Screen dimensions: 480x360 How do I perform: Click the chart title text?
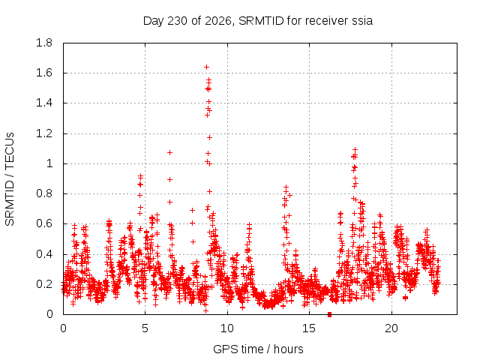[258, 21]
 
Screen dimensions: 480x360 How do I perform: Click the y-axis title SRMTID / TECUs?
[10, 179]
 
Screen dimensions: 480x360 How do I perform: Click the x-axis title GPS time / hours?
[258, 349]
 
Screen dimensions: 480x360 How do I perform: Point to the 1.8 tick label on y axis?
[44, 43]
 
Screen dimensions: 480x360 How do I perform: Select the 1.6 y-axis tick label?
[44, 73]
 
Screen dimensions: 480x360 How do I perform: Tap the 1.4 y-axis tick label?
[44, 103]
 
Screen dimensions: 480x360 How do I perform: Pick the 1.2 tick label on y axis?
[44, 133]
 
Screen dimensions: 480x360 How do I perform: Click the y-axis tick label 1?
[49, 163]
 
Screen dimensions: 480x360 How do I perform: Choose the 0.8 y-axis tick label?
[44, 193]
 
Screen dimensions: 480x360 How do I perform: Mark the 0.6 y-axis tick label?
[44, 223]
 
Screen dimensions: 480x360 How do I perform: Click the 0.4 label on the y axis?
[44, 254]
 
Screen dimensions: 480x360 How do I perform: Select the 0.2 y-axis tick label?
[44, 284]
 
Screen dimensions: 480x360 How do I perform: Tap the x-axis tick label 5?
[145, 328]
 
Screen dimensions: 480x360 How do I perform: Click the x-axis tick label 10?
[227, 328]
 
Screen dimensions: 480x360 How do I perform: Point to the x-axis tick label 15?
[309, 328]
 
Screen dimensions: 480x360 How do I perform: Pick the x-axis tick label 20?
[391, 328]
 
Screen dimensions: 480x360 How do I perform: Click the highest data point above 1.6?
[207, 67]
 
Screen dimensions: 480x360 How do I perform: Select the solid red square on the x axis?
[329, 314]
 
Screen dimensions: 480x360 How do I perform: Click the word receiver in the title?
[328, 21]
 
